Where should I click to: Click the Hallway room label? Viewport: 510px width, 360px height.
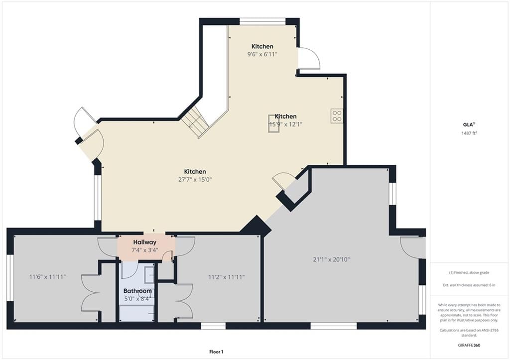145,242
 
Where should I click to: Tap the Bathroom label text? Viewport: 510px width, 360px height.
137,291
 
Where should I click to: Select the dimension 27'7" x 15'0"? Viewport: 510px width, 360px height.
195,180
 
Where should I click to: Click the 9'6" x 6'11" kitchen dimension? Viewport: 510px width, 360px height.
262,54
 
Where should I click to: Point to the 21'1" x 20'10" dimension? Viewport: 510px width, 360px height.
331,259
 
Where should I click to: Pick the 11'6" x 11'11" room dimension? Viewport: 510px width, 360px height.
47,277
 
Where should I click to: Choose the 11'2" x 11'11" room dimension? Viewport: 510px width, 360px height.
227,277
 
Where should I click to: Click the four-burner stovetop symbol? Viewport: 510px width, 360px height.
337,116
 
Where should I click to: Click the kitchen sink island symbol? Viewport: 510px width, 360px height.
273,123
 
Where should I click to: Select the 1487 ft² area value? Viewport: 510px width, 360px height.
469,133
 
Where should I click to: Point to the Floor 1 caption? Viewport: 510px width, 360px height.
216,352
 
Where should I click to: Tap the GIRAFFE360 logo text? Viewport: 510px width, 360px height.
469,345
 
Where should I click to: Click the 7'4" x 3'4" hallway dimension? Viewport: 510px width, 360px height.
145,250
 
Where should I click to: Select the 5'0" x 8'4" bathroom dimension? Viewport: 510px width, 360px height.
137,299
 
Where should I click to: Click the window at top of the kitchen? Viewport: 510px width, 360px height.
262,22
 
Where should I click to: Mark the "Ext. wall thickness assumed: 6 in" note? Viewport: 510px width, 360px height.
469,285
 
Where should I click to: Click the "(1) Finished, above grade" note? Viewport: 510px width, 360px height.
469,272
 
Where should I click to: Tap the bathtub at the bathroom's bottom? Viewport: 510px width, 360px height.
137,314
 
